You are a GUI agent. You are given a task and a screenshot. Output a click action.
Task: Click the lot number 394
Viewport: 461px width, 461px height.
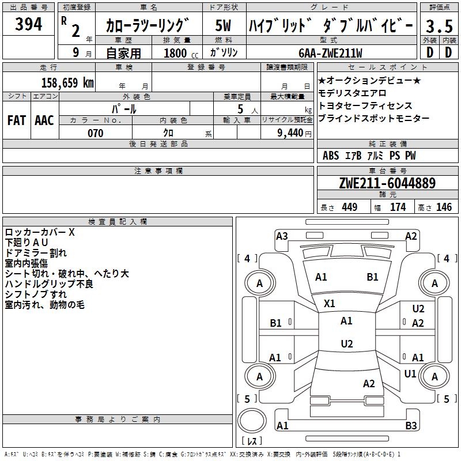(x=28, y=25)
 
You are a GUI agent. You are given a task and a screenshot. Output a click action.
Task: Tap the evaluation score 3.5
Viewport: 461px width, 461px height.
(x=439, y=26)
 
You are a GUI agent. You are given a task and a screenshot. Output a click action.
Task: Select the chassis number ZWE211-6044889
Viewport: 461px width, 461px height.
(x=387, y=184)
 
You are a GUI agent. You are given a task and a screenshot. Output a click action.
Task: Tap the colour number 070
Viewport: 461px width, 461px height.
(x=95, y=133)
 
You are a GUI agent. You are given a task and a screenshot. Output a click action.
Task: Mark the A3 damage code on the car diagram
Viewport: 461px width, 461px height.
(x=282, y=236)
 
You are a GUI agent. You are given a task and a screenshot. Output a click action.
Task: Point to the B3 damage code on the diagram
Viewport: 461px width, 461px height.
(x=411, y=426)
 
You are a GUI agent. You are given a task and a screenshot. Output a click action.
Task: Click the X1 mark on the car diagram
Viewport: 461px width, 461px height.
(x=330, y=303)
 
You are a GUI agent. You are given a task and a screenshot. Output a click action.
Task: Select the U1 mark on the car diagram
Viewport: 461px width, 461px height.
(x=410, y=374)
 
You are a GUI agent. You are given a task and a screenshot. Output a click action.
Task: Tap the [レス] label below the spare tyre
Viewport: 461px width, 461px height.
(x=252, y=441)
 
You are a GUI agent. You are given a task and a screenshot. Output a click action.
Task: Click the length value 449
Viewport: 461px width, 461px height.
(x=349, y=207)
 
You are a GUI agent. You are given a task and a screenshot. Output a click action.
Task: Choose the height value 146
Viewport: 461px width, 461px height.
(x=444, y=207)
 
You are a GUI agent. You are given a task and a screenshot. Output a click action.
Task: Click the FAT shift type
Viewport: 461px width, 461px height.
(x=17, y=120)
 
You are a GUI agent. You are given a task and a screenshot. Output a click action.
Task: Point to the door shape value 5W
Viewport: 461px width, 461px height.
(x=224, y=26)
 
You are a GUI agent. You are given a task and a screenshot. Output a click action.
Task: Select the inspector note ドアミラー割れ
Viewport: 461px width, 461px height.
(x=36, y=252)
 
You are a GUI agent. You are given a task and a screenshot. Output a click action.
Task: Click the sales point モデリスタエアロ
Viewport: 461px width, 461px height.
(x=352, y=93)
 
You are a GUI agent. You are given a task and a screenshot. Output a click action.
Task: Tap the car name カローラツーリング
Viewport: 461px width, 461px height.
(x=148, y=26)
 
